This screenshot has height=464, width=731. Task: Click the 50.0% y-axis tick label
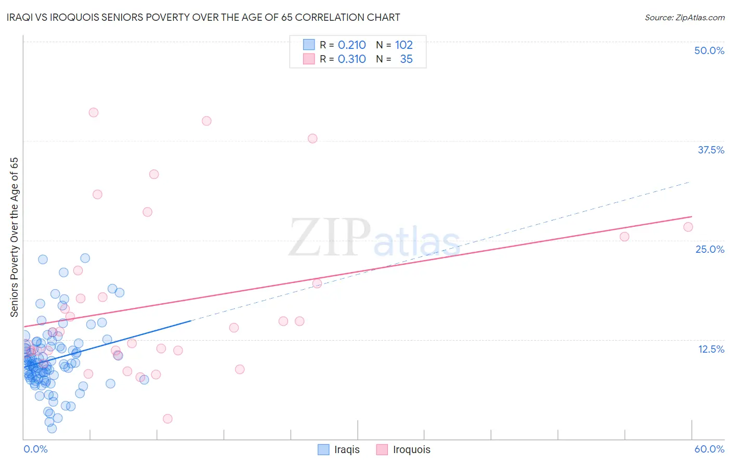point(709,50)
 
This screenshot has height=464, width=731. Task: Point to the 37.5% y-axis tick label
point(711,150)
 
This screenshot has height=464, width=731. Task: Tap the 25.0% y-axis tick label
point(710,249)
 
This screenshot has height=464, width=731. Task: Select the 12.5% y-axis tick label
point(711,349)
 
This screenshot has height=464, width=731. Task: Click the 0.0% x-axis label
point(35,449)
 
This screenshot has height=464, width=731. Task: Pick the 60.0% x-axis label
point(709,449)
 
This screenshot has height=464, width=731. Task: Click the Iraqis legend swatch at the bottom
point(323,449)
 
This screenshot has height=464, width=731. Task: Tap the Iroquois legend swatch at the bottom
point(382,449)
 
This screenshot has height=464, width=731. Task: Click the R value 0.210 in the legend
point(352,45)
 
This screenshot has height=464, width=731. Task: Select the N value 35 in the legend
point(406,59)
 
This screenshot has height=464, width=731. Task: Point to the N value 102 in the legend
point(403,45)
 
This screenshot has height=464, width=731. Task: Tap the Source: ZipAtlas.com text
point(684,17)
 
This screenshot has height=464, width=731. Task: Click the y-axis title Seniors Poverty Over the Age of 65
point(14,237)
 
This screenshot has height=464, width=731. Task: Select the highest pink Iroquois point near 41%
point(94,112)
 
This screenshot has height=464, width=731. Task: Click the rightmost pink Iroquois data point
point(688,227)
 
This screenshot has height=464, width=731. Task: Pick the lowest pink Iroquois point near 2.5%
point(167,419)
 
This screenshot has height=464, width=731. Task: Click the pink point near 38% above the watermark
point(312,138)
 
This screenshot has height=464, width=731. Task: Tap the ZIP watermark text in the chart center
point(330,237)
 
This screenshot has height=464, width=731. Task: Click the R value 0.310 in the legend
point(352,59)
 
